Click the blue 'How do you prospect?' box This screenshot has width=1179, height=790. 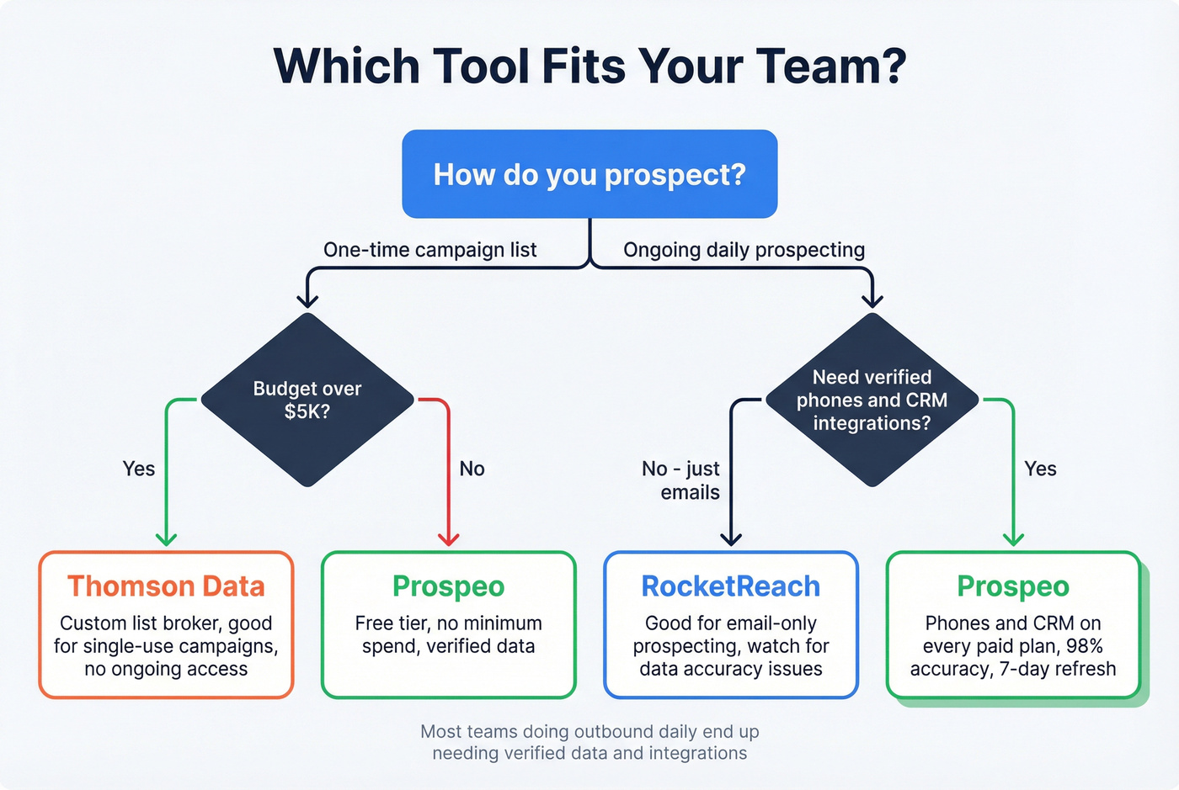pos(589,174)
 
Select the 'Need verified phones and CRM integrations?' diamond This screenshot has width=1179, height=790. pos(872,400)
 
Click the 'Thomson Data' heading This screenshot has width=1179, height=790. pos(166,586)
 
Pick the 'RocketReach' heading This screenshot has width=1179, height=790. pos(731,586)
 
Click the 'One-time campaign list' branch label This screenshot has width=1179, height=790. pos(429,250)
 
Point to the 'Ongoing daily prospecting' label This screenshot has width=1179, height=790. pos(744,250)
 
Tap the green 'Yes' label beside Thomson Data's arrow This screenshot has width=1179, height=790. pos(139,469)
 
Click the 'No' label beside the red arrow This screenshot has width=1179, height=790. pos(472,469)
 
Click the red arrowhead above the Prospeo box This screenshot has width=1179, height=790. pos(449,538)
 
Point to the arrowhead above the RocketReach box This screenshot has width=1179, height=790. pos(731,538)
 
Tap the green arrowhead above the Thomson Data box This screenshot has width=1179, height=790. pos(166,538)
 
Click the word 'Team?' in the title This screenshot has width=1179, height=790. pos(830,66)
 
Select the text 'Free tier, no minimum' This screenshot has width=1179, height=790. pos(449,623)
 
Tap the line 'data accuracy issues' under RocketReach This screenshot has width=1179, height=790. pos(731,669)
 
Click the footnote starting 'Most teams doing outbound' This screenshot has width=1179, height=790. pos(589,732)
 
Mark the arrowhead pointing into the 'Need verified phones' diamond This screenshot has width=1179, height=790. pos(872,300)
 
